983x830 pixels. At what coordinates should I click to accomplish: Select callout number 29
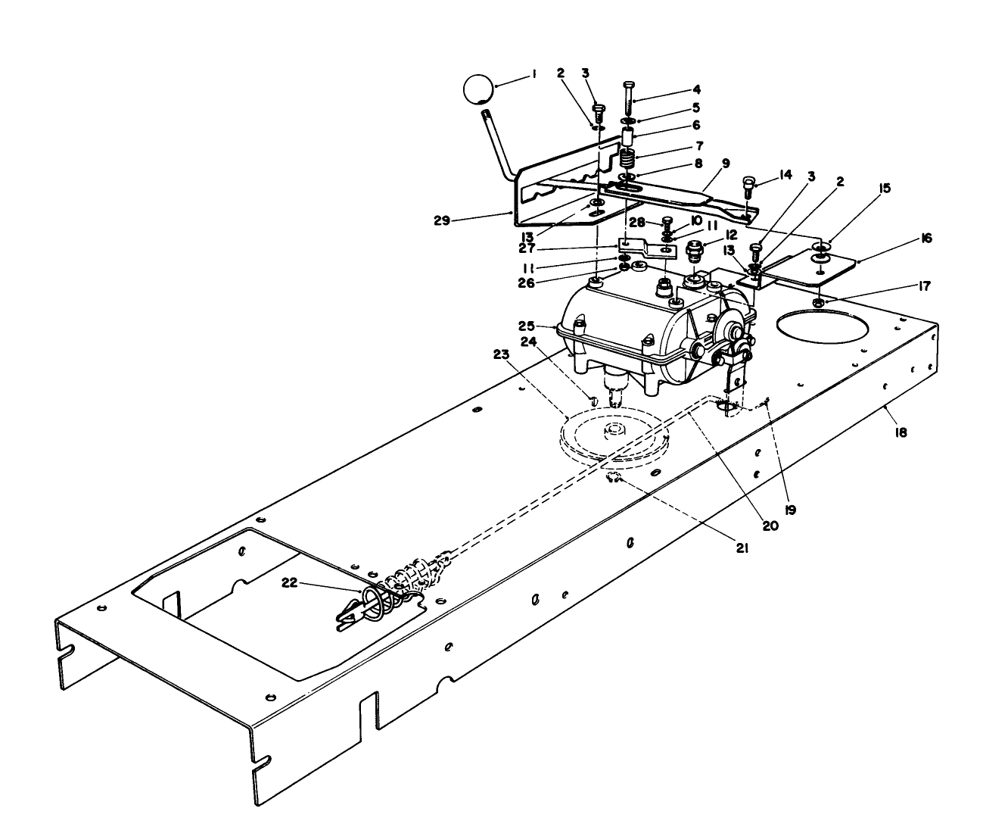point(442,220)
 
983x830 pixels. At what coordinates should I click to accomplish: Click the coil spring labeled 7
point(627,160)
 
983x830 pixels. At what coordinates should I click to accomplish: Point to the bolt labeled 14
point(748,185)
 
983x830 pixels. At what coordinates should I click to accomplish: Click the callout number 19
point(790,510)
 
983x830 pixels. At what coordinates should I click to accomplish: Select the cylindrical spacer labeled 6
point(628,139)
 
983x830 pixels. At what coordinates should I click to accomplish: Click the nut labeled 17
point(819,304)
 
